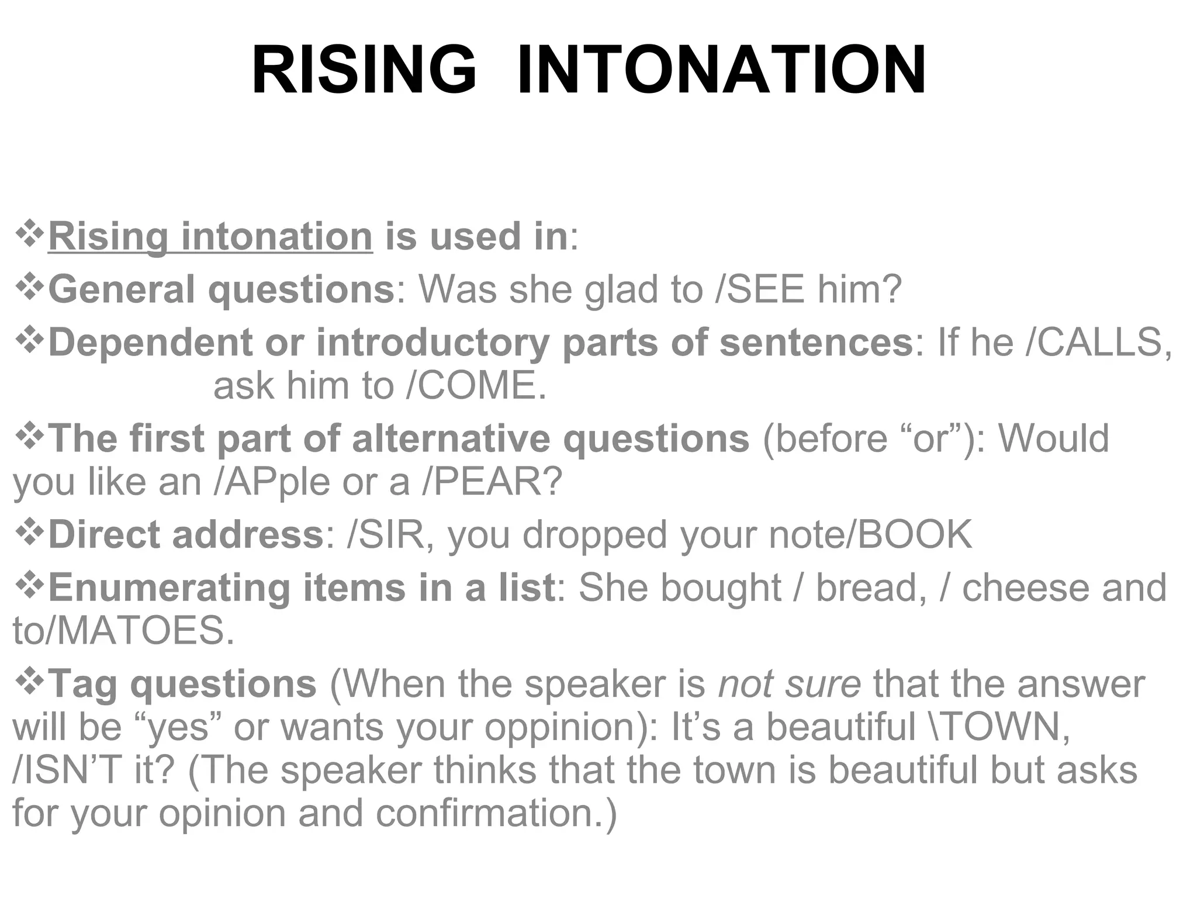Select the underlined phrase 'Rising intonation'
pos(210,236)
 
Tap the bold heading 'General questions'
pos(221,289)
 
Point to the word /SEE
pos(759,289)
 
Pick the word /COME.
pos(476,386)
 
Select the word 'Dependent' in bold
pos(150,343)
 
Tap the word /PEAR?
pos(492,482)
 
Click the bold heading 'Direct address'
pos(185,535)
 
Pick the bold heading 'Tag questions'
pos(182,684)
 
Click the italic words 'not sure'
pos(789,684)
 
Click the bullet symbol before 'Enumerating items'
pos(29,586)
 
